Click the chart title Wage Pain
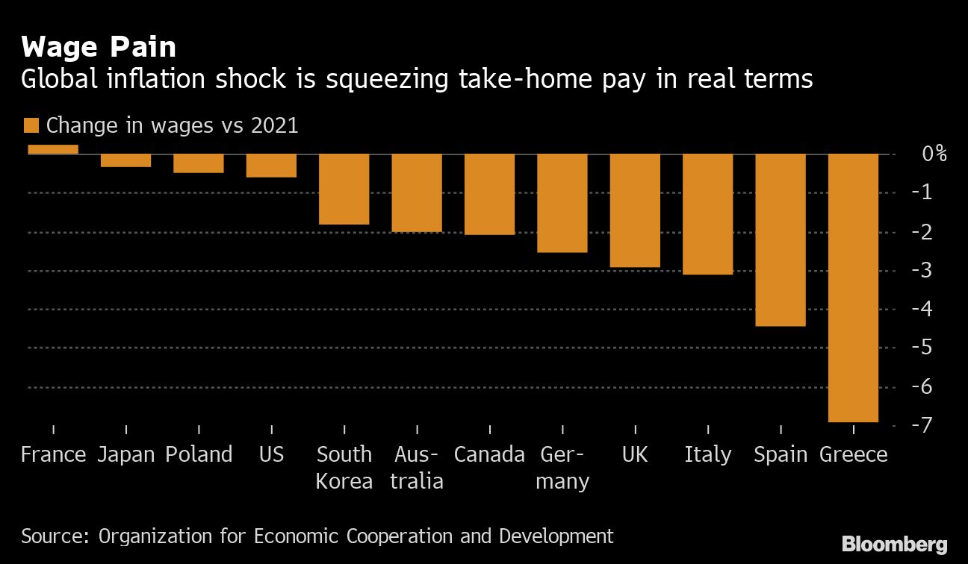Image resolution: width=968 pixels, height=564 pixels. tap(99, 48)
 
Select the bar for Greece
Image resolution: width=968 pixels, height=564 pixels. tap(853, 287)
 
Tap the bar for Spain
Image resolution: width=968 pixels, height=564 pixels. tap(781, 239)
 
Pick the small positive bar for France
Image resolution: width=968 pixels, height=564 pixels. tap(53, 149)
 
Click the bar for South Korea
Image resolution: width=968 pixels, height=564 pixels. tap(344, 189)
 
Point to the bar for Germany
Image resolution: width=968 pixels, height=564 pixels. tap(562, 203)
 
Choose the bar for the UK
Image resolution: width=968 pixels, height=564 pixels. tap(635, 210)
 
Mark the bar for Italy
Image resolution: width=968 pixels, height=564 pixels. tap(707, 214)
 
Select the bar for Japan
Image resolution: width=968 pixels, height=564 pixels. tap(125, 160)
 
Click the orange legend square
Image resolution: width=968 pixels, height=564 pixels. tap(31, 125)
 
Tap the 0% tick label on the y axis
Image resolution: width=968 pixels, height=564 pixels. tap(934, 154)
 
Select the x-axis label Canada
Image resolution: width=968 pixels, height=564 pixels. tap(489, 454)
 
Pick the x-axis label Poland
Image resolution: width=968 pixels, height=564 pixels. tap(199, 454)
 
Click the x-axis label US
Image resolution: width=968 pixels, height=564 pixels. tap(271, 454)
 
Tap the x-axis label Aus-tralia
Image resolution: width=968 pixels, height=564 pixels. tap(417, 468)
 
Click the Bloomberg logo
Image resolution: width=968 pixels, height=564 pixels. tap(894, 544)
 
